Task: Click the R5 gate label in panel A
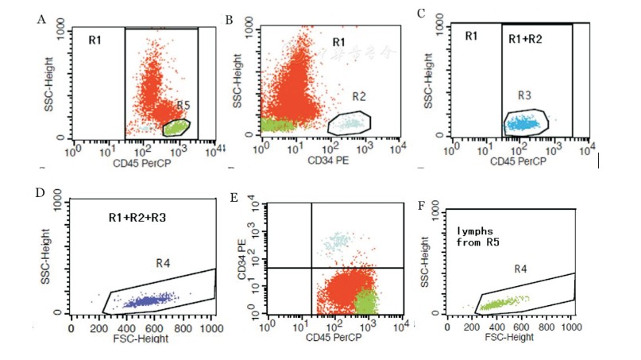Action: [x=183, y=106]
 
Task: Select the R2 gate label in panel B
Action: [x=359, y=97]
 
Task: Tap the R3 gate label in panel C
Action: [x=524, y=95]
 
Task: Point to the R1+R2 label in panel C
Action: [x=526, y=37]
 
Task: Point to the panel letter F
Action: [x=422, y=206]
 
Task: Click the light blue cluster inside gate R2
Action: [x=347, y=123]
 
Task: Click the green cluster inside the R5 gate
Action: [x=176, y=127]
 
